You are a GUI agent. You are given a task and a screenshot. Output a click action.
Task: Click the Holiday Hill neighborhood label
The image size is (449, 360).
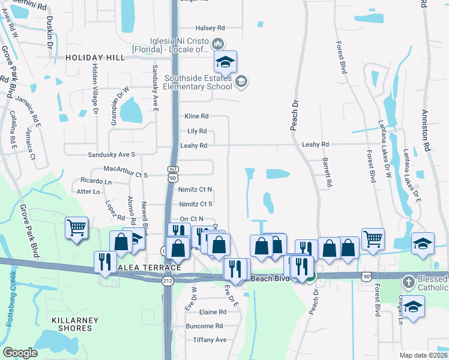[x=95, y=58]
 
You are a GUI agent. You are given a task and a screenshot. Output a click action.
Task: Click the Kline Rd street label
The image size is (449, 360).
[x=196, y=116]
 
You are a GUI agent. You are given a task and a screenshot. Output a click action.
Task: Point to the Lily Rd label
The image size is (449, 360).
[x=197, y=131]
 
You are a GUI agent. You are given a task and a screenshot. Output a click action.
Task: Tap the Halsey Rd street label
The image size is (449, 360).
[x=210, y=28]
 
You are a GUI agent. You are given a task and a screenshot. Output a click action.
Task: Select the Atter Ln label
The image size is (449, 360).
[x=88, y=191]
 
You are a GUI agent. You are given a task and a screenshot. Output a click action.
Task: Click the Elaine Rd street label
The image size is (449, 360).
[x=213, y=312]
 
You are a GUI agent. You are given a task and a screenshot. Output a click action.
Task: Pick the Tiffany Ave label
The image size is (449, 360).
[x=209, y=340]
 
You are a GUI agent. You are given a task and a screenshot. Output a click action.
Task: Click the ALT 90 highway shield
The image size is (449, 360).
[x=173, y=174]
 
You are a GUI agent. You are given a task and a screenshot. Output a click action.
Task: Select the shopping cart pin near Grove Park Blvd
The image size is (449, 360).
[x=76, y=228]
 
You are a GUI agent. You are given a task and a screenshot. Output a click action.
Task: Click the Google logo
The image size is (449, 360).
[x=20, y=353]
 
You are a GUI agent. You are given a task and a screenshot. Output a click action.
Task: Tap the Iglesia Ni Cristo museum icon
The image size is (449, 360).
[x=218, y=43]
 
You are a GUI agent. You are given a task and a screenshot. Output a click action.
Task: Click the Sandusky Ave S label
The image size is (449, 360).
[x=112, y=154]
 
